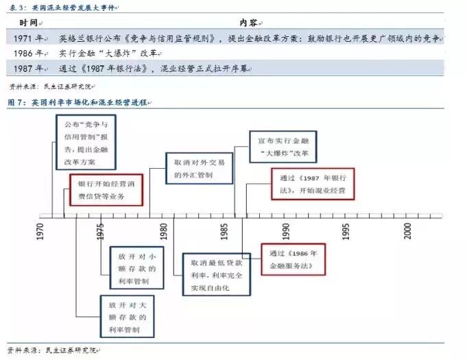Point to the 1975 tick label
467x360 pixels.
pos(101,230)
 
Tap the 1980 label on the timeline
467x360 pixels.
pos(164,230)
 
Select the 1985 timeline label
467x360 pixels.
pos(225,230)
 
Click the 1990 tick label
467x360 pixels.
pos(285,230)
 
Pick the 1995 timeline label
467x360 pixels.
pos(346,230)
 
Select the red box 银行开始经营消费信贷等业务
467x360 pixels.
pos(106,190)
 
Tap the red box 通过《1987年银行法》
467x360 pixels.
pos(312,183)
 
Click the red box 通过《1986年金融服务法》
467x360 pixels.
pos(291,259)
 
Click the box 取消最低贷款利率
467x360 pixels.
pos(216,272)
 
